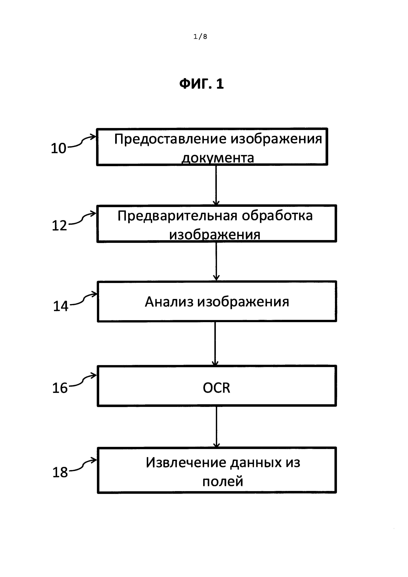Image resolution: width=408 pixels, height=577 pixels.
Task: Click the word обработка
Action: pos(277,216)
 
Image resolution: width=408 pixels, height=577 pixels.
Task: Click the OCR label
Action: pos(216,388)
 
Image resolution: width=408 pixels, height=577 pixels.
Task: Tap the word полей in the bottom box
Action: pos(223,481)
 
